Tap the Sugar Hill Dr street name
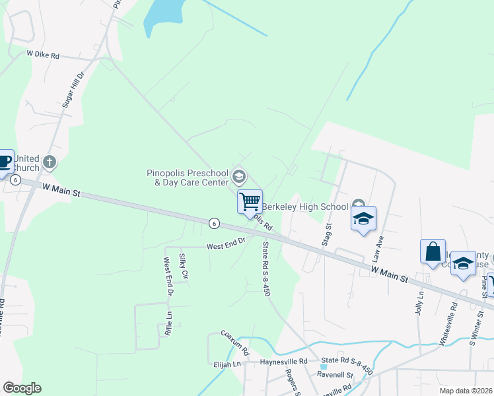(74, 90)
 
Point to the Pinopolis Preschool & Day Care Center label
(188, 178)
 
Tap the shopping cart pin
(250, 201)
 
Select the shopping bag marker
(433, 251)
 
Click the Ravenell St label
(335, 375)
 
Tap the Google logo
(22, 388)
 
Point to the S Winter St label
(473, 331)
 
